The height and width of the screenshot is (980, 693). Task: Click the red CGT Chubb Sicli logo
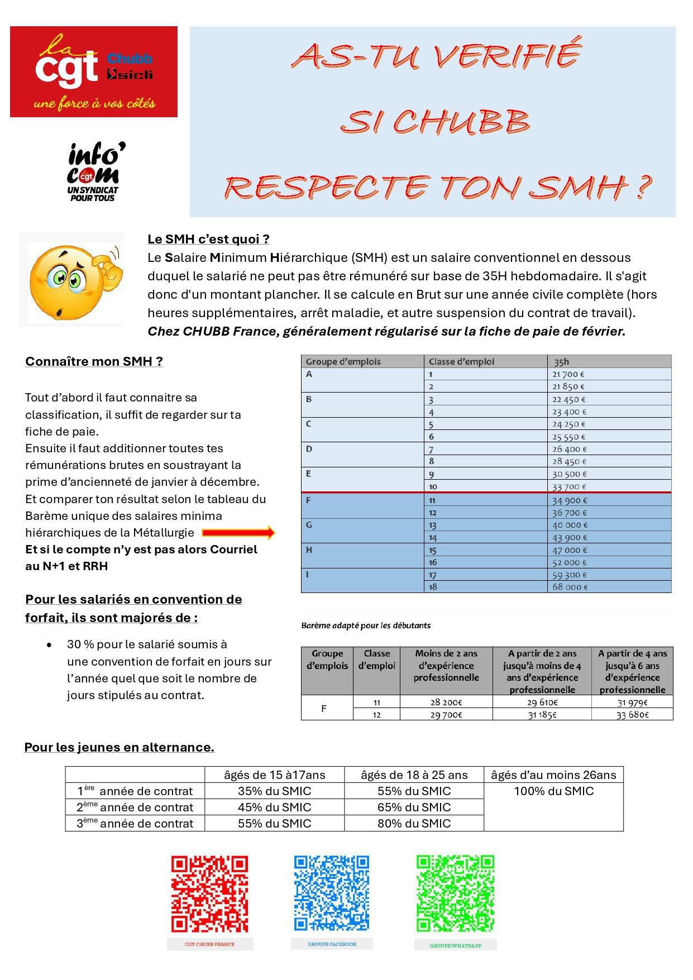coord(94,71)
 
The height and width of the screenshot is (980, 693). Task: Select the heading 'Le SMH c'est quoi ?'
coord(208,239)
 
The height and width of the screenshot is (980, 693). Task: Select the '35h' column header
coord(561,361)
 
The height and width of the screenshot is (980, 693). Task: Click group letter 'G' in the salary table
coord(309,525)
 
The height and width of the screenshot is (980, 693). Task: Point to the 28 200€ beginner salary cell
coord(446,702)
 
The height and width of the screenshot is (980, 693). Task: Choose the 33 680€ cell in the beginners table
coord(632,715)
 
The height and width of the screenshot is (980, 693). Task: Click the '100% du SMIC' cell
coord(553,791)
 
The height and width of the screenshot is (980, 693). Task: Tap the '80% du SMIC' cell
coord(414,823)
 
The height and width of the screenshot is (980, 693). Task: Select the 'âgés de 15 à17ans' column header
coord(274,775)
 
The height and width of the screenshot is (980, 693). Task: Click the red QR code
coord(209,893)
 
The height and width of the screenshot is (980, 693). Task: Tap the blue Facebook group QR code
coord(332,892)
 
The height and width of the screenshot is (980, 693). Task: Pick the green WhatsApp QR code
coord(455,893)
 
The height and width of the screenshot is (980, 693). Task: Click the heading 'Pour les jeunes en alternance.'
coord(119,747)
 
